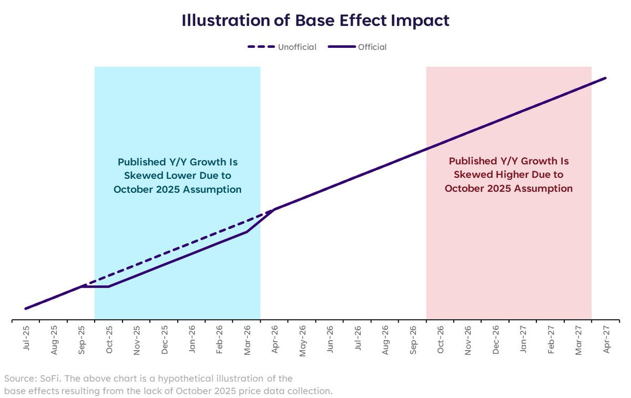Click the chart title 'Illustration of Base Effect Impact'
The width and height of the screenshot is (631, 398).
[x=315, y=21]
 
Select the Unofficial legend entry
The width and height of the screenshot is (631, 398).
[x=282, y=47]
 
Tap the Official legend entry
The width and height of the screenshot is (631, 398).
[x=358, y=47]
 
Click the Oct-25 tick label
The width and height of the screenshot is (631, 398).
[x=108, y=340]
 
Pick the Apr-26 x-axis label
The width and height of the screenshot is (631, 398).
[x=274, y=340]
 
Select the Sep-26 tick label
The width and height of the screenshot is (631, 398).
[x=413, y=340]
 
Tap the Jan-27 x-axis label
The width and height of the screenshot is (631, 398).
[x=523, y=340]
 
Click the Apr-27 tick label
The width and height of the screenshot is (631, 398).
[x=606, y=340]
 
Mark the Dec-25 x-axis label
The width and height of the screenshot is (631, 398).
[x=164, y=340]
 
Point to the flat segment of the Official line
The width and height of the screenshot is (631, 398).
[x=95, y=287]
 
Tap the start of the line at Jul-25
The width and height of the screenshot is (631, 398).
[x=25, y=308]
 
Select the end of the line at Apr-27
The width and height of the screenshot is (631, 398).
[x=605, y=78]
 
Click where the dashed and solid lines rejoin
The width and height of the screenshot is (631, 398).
[x=273, y=209]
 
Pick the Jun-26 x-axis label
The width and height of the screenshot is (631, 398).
[x=330, y=340]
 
